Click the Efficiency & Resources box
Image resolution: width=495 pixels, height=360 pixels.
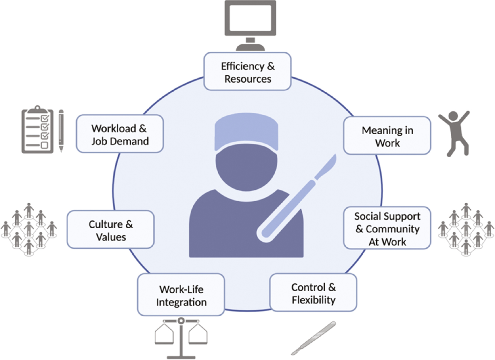[247, 72]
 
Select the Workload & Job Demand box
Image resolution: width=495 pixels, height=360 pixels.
[120, 134]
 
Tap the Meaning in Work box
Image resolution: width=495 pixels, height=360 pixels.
[387, 136]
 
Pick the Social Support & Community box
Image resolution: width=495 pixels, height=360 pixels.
[387, 228]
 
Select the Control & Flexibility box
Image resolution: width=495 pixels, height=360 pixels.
[313, 293]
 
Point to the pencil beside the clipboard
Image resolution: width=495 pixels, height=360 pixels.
[61, 131]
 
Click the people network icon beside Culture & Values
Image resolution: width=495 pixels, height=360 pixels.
[29, 228]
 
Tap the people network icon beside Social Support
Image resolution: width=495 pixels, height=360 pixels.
[466, 228]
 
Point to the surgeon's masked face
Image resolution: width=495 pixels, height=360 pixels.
[246, 167]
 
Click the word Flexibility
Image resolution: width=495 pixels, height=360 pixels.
[313, 300]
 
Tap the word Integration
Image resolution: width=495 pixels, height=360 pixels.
[181, 302]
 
